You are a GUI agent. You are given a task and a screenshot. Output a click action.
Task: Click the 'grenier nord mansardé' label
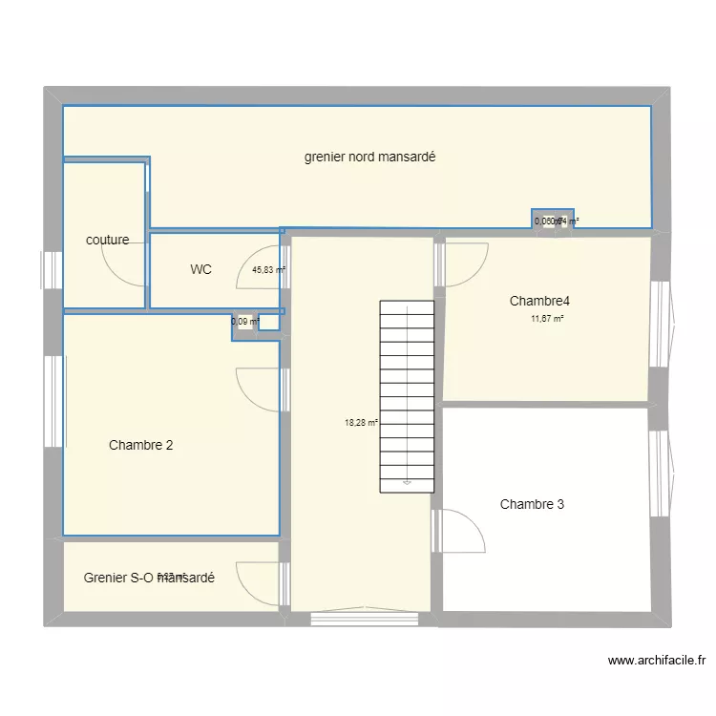click(369, 158)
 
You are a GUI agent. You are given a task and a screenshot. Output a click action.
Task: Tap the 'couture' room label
click(107, 241)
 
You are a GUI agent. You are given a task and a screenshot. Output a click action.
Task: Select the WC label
click(200, 270)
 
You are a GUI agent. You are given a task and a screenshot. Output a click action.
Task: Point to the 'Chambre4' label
click(539, 302)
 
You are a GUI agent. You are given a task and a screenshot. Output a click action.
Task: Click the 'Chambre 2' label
click(140, 445)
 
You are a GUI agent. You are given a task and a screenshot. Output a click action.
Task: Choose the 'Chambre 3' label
click(532, 504)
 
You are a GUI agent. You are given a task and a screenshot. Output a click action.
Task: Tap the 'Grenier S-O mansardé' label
click(148, 578)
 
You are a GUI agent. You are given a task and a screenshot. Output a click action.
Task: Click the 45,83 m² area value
click(269, 270)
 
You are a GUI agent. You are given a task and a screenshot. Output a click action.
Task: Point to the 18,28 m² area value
click(361, 423)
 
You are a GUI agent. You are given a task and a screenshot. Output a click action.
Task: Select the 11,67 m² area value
click(547, 319)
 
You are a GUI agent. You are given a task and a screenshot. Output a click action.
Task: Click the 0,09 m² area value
click(245, 322)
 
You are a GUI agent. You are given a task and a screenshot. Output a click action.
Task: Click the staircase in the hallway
click(407, 396)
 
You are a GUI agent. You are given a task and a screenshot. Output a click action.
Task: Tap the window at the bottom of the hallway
click(365, 618)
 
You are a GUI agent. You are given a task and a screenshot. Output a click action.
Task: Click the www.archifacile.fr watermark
click(656, 660)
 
